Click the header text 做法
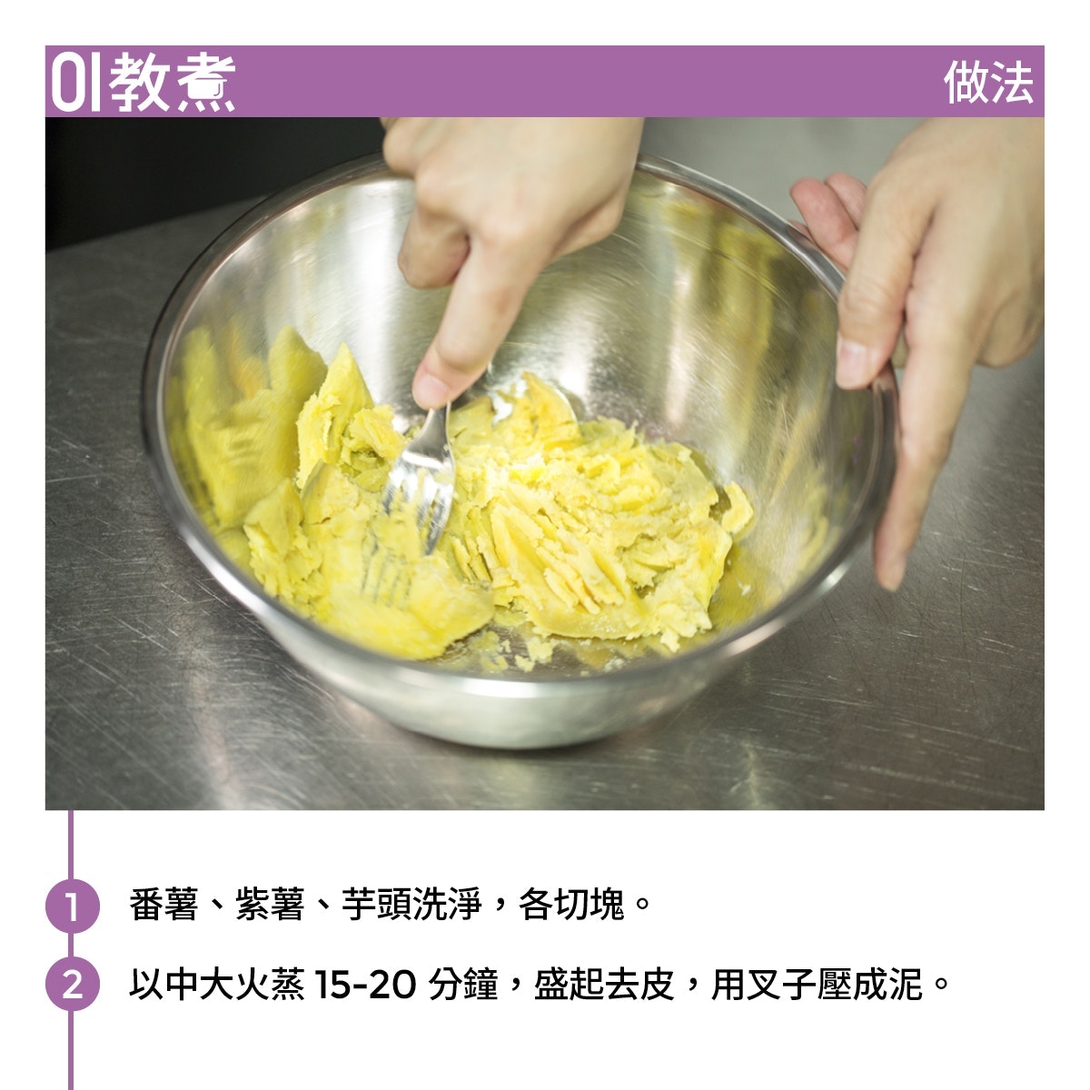coord(988,83)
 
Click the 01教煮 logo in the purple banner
coord(143,83)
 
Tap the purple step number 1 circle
coord(72,907)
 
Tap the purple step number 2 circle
coord(72,985)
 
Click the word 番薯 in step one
coord(164,905)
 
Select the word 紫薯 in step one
coord(270,905)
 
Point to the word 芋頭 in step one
coord(376,905)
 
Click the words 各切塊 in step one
coord(571,905)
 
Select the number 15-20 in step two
coord(365,985)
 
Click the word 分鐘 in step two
coord(463,985)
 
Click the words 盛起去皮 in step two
coord(604,985)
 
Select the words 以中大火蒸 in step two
coord(217,985)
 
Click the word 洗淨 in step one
coord(447,905)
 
